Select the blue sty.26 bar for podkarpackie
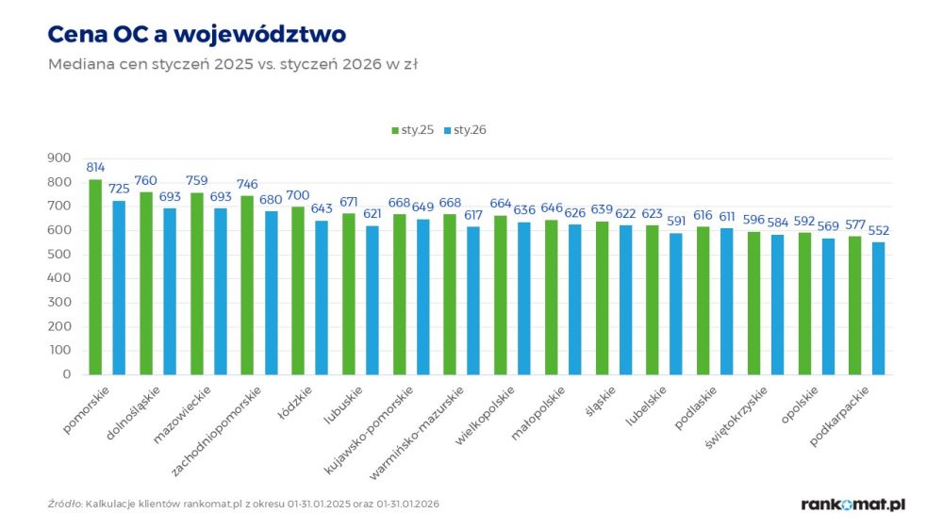point(879,307)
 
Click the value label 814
point(95,167)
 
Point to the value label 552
point(879,230)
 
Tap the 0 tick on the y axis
point(66,374)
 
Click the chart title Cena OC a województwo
point(196,35)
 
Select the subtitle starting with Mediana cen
point(232,65)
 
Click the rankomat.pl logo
point(852,505)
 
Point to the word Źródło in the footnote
point(64,504)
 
